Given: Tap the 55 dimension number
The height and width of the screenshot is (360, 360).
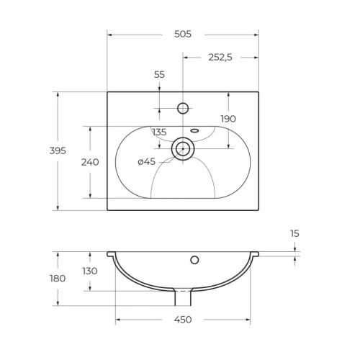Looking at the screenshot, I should tap(160, 75).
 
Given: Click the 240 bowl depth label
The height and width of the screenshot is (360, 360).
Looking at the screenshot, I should tap(90, 162).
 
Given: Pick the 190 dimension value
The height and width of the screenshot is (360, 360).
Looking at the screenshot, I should tap(228, 119).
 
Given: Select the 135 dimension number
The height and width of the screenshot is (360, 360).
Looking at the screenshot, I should tap(159, 132).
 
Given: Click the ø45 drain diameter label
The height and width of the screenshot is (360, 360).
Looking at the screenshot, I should tap(146, 161).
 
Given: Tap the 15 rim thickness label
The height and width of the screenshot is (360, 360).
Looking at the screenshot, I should tap(295, 233).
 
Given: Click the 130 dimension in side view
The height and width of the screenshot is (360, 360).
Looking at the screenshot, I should tap(89, 271).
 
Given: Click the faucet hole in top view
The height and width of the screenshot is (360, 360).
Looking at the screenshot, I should tap(183, 109).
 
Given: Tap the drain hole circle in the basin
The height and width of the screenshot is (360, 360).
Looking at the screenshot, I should tap(183, 149).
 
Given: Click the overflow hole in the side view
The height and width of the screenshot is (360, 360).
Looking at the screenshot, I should tap(194, 259).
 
